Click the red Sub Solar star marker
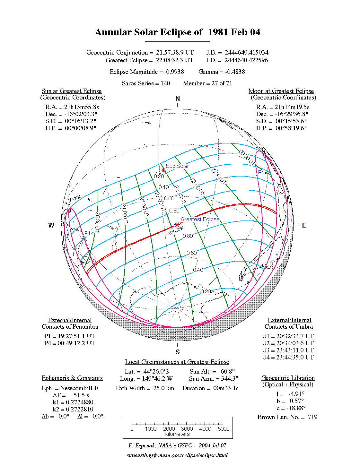(x=163, y=170)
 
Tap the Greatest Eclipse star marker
(x=177, y=224)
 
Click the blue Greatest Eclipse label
(x=200, y=219)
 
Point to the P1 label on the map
(x=87, y=233)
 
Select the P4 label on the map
(x=261, y=172)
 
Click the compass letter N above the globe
(x=177, y=99)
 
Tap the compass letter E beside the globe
(x=304, y=225)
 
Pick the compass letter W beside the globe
(x=51, y=225)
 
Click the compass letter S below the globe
(x=177, y=352)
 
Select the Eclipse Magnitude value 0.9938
(x=175, y=72)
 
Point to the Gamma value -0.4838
(x=235, y=72)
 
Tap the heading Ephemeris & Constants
(x=72, y=378)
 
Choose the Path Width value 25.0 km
(x=163, y=388)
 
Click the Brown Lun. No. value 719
(x=312, y=417)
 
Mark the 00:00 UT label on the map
(x=247, y=158)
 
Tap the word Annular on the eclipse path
(x=175, y=230)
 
